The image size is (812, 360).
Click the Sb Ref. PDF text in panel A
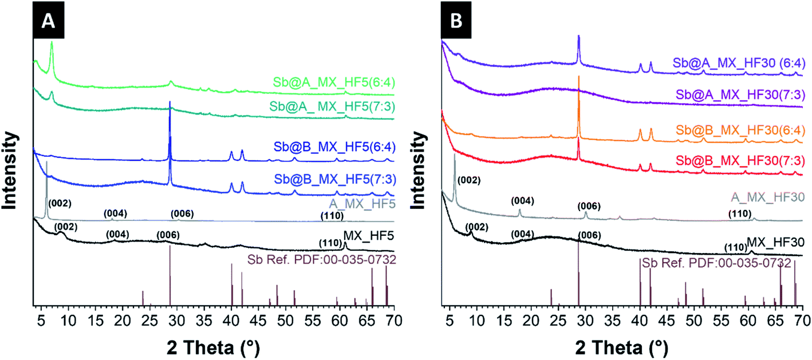[322, 259]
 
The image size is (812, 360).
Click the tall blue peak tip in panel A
[170, 102]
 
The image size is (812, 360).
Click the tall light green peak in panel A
[52, 43]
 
